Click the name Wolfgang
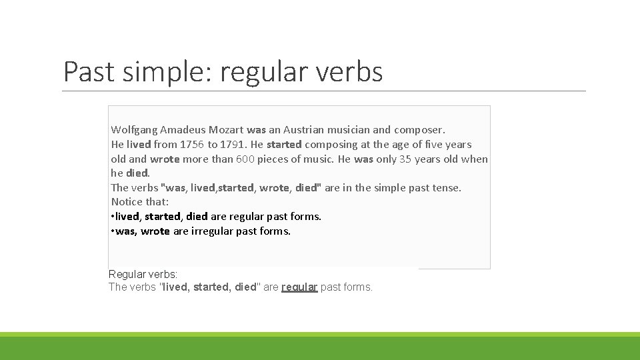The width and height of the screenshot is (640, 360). [x=134, y=130]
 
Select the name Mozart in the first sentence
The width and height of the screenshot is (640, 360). [x=226, y=130]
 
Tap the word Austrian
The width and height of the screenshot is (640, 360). [x=305, y=130]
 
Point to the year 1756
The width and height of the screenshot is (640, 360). [x=192, y=145]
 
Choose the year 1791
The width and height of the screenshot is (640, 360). [x=233, y=145]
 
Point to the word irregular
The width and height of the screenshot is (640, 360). [x=212, y=231]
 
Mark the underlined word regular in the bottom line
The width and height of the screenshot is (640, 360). [x=299, y=287]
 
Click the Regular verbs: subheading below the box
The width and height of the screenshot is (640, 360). [x=143, y=274]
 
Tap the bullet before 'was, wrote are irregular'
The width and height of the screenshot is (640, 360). [x=113, y=231]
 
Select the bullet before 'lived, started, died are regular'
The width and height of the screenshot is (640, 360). [x=113, y=217]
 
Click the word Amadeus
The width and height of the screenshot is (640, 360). [x=183, y=130]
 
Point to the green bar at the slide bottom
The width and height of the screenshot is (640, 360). [x=320, y=347]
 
